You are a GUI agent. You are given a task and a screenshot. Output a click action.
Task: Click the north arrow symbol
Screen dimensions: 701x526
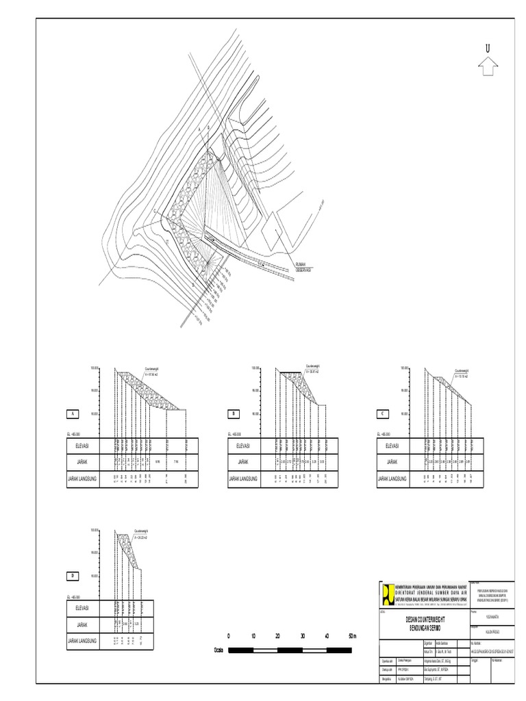(x=488, y=66)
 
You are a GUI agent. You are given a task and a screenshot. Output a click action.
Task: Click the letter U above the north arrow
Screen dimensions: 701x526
(x=488, y=49)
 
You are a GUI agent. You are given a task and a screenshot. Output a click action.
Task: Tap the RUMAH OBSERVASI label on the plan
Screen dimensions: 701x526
(x=304, y=268)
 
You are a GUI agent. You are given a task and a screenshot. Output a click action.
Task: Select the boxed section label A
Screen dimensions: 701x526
(x=71, y=414)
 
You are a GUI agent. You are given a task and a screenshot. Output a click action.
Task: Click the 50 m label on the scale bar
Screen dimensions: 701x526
(x=353, y=636)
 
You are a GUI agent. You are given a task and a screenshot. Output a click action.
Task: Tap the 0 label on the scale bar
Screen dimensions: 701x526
(x=229, y=636)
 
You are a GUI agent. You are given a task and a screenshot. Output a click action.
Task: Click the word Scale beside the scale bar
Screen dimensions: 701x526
(x=219, y=649)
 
